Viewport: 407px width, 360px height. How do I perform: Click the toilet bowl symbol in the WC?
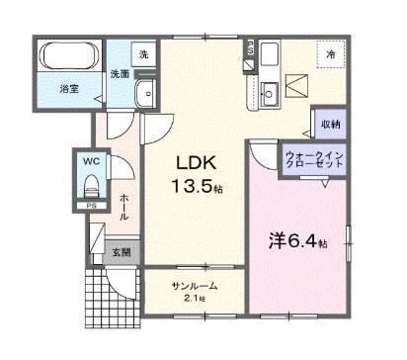pyautogui.click(x=91, y=184)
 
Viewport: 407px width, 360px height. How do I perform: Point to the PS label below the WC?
pyautogui.click(x=91, y=206)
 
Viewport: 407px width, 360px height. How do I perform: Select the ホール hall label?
pyautogui.click(x=124, y=208)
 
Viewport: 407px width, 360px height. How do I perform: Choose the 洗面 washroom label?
pyautogui.click(x=120, y=73)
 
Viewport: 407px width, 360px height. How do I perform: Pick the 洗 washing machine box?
pyautogui.click(x=144, y=54)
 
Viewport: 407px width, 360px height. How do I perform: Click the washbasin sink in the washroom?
pyautogui.click(x=144, y=94)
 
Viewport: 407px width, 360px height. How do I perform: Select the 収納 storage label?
pyautogui.click(x=330, y=124)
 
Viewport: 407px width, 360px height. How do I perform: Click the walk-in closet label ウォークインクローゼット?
pyautogui.click(x=314, y=160)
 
